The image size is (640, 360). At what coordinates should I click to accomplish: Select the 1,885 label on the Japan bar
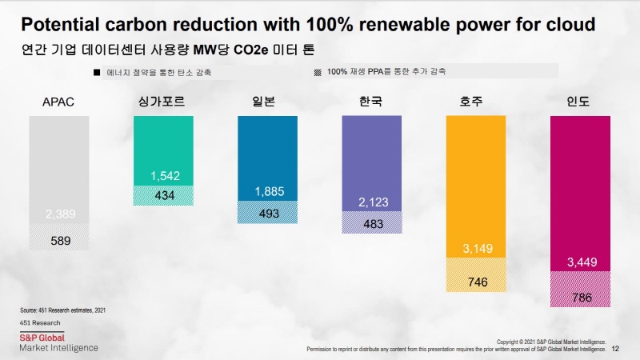269,191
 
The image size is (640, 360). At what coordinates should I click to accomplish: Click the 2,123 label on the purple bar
371,201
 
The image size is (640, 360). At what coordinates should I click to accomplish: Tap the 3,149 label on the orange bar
474,249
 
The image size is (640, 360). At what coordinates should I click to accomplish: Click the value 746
474,282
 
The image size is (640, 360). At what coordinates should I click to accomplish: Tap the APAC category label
58,102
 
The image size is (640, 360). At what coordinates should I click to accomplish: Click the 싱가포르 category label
165,102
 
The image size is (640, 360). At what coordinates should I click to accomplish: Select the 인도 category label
579,102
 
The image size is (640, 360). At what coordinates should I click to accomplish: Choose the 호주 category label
475,102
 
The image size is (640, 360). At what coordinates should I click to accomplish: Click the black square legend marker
97,73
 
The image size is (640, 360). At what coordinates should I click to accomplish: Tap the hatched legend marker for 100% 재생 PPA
318,72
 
